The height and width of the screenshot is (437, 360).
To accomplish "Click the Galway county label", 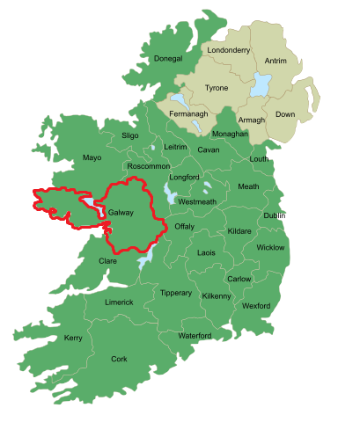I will (x=121, y=213).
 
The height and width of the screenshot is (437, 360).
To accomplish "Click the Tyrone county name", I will (x=217, y=88).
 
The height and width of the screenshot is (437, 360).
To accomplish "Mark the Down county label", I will (x=284, y=114).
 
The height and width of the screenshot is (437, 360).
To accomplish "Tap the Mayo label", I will (x=92, y=157).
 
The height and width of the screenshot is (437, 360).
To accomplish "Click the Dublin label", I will (x=274, y=215).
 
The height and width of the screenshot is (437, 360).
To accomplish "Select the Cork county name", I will (x=119, y=359).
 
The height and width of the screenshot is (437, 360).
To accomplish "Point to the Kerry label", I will (x=73, y=338).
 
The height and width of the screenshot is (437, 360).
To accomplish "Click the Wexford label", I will (x=256, y=306).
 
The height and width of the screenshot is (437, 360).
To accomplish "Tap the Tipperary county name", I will (x=175, y=293).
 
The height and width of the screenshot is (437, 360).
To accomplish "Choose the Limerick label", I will (x=119, y=302).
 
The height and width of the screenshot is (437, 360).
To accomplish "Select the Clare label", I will (x=107, y=260).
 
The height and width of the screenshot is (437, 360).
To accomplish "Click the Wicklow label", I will (x=270, y=247).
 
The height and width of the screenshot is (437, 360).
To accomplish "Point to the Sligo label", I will (x=129, y=136).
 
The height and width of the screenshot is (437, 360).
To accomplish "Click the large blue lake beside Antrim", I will (x=261, y=85).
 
